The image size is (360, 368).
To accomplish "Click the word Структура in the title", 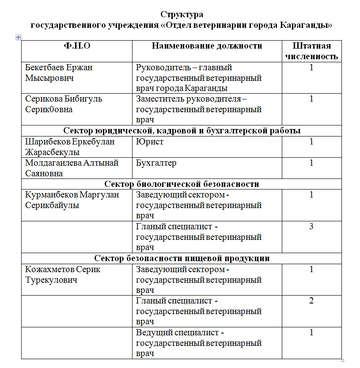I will [x=182, y=15].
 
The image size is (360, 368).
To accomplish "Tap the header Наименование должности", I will [x=207, y=46].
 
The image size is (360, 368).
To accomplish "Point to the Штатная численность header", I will [x=311, y=51].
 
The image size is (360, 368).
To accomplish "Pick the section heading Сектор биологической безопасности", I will [x=182, y=184].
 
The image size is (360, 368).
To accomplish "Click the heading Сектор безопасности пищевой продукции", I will [x=182, y=258].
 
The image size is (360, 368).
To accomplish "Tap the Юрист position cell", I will [x=150, y=142].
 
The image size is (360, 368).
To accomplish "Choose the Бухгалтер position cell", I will [x=156, y=163].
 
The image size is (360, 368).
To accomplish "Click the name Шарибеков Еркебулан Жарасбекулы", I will [x=70, y=147].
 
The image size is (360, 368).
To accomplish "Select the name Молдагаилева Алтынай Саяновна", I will [x=72, y=168].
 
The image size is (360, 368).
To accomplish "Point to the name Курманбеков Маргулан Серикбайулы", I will [x=72, y=200].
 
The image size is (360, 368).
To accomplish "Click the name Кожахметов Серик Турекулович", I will [x=63, y=274].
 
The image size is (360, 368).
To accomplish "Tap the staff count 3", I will [x=311, y=227].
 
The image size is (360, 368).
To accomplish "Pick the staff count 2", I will [x=311, y=301].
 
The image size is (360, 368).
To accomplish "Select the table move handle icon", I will [x=18, y=38].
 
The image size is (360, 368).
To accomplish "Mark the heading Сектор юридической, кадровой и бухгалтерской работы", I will [x=182, y=131].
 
